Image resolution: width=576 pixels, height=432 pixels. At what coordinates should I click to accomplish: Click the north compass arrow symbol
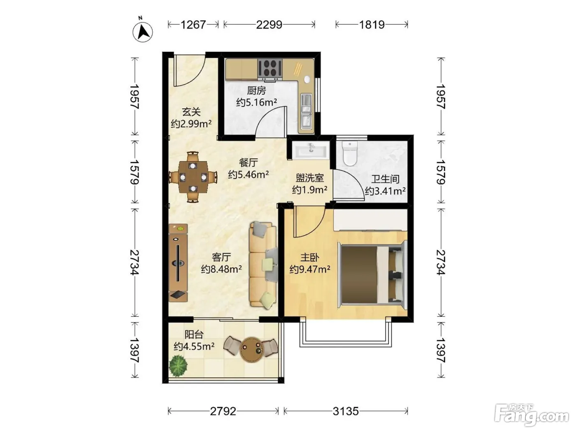pyautogui.click(x=142, y=32)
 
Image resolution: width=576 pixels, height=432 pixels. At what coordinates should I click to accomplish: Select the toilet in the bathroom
pyautogui.click(x=350, y=154)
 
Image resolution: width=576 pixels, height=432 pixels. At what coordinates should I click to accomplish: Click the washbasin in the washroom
pyautogui.click(x=311, y=151)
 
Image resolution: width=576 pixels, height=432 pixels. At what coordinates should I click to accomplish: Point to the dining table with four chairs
pyautogui.click(x=193, y=177)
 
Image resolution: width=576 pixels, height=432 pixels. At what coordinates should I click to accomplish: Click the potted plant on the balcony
pyautogui.click(x=178, y=365)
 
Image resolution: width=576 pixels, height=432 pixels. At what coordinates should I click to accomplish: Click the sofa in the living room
pyautogui.click(x=263, y=264)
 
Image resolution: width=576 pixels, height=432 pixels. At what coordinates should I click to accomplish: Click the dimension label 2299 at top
pyautogui.click(x=269, y=25)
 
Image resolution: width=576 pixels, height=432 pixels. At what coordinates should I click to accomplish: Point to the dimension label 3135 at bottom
pyautogui.click(x=346, y=411)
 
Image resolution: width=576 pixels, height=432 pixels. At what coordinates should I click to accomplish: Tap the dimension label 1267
pyautogui.click(x=193, y=25)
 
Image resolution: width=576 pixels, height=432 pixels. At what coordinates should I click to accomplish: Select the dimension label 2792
pyautogui.click(x=223, y=411)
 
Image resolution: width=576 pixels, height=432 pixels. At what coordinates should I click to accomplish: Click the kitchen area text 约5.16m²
pyautogui.click(x=256, y=102)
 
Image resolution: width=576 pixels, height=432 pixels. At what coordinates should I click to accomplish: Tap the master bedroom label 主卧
pyautogui.click(x=310, y=258)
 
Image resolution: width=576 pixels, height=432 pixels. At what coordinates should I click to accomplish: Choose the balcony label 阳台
pyautogui.click(x=194, y=334)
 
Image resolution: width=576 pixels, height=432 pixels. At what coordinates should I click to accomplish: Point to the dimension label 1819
pyautogui.click(x=372, y=25)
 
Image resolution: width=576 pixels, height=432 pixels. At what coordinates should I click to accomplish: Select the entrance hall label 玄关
pyautogui.click(x=191, y=112)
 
